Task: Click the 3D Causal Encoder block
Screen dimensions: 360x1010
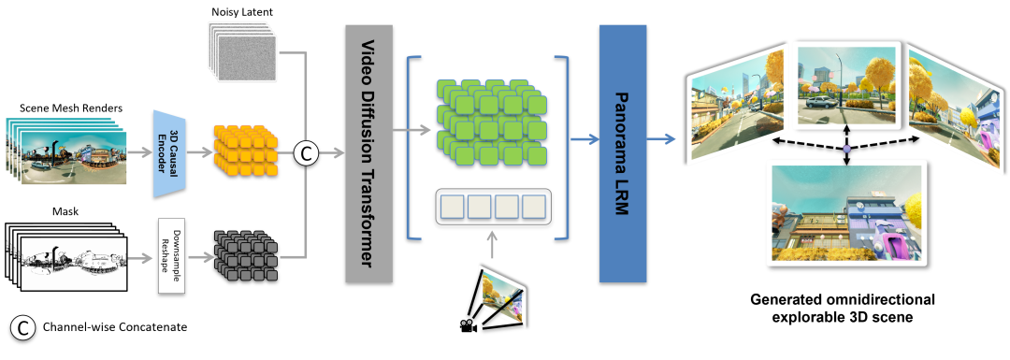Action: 171,152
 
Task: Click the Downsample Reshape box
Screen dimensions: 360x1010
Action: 171,255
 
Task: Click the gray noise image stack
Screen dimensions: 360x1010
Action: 241,51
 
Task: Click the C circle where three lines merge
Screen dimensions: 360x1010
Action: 306,152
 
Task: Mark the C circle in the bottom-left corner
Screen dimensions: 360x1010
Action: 22,327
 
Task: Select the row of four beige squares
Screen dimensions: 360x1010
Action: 493,207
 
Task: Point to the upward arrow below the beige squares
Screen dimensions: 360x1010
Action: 492,246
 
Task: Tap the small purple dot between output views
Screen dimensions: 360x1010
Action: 846,149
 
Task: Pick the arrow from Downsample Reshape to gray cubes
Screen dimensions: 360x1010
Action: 199,255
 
